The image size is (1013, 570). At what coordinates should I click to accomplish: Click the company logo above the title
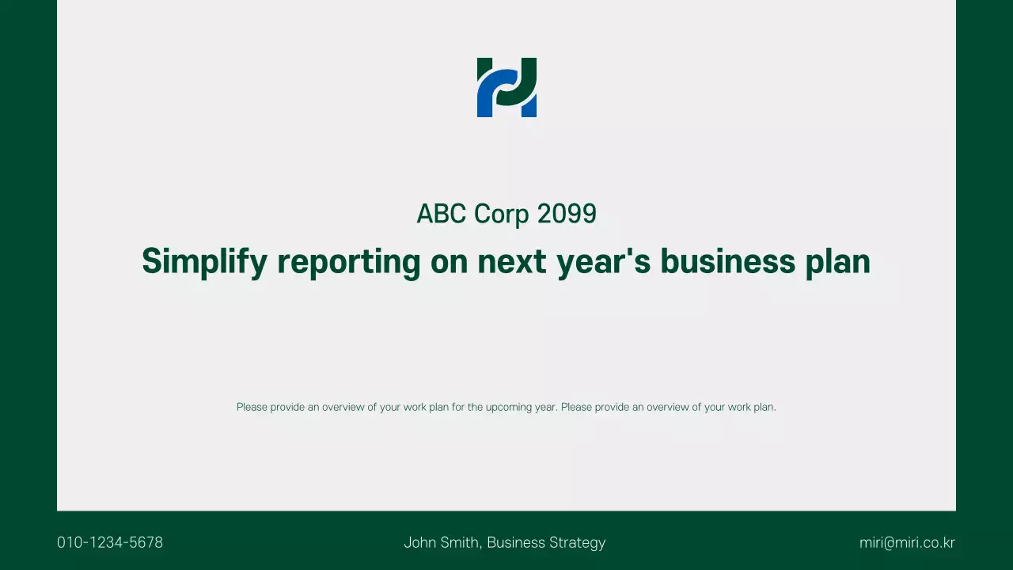tap(506, 87)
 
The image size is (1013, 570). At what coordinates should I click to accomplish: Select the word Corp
tap(502, 214)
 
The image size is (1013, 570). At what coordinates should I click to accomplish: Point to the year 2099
tap(567, 214)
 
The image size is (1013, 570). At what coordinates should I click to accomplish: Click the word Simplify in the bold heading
tap(204, 261)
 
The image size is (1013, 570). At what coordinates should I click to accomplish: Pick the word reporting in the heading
tap(349, 261)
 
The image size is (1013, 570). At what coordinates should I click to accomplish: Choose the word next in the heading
tap(512, 261)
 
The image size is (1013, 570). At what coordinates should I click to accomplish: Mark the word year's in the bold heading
tap(603, 261)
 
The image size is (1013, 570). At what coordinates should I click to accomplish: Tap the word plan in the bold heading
tap(837, 261)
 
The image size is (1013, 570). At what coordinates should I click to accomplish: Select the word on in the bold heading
tap(449, 261)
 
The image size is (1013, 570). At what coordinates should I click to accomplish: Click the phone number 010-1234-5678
tap(110, 542)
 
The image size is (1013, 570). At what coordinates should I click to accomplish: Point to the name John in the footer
tap(419, 542)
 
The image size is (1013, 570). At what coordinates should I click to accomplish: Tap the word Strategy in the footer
tap(577, 542)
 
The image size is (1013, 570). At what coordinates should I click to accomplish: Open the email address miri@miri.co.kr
tap(907, 542)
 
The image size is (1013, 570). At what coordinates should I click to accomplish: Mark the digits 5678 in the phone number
tap(146, 542)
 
